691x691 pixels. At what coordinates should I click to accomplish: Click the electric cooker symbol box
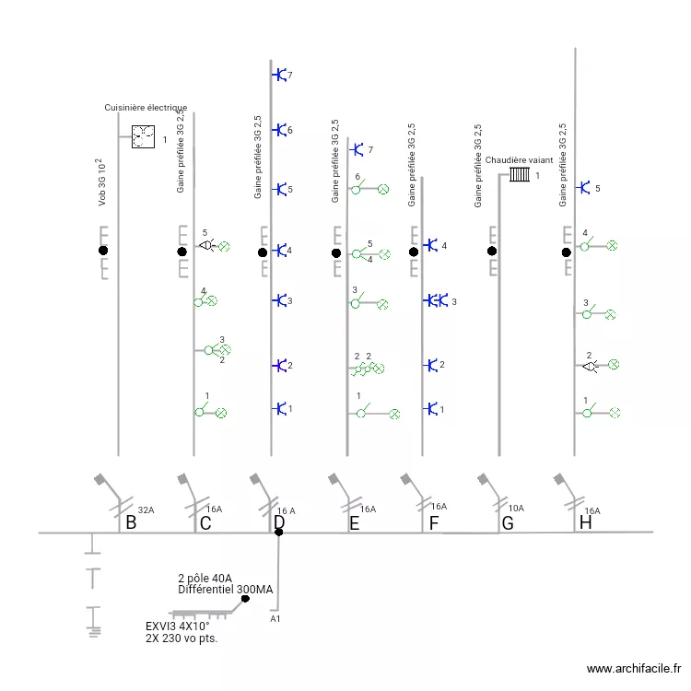pyautogui.click(x=143, y=137)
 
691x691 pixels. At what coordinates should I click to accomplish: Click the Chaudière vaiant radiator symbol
pyautogui.click(x=520, y=173)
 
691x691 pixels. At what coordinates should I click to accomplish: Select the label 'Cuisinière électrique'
pyautogui.click(x=146, y=108)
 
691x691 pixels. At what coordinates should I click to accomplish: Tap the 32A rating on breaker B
pyautogui.click(x=146, y=510)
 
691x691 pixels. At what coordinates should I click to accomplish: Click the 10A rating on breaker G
pyautogui.click(x=516, y=508)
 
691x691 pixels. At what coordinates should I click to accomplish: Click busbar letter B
pyautogui.click(x=131, y=524)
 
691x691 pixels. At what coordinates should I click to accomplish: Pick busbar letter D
pyautogui.click(x=279, y=523)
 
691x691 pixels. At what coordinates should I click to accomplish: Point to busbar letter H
pyautogui.click(x=584, y=523)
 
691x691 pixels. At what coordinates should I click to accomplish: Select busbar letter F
pyautogui.click(x=433, y=524)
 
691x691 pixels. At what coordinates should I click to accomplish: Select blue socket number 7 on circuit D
pyautogui.click(x=278, y=75)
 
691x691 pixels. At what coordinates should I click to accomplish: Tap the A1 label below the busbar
pyautogui.click(x=275, y=619)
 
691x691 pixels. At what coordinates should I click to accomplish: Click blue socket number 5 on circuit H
pyautogui.click(x=583, y=188)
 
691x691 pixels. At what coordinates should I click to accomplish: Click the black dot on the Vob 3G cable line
pyautogui.click(x=103, y=251)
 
